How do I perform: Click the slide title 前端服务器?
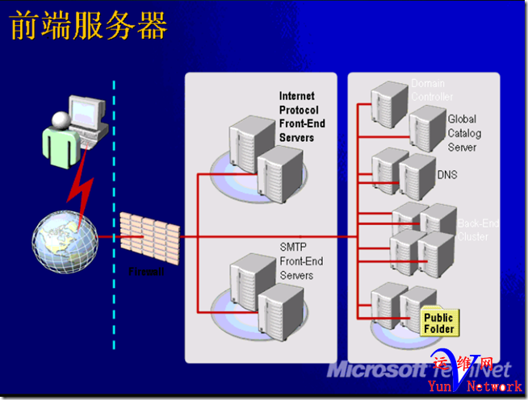pyautogui.click(x=88, y=26)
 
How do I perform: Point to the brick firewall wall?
pyautogui.click(x=150, y=235)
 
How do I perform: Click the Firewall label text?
pyautogui.click(x=146, y=272)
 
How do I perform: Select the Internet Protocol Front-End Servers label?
pyautogui.click(x=297, y=117)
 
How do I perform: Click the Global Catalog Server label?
pyautogui.click(x=463, y=133)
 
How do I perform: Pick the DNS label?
pyautogui.click(x=447, y=174)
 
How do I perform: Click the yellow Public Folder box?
pyautogui.click(x=438, y=323)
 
